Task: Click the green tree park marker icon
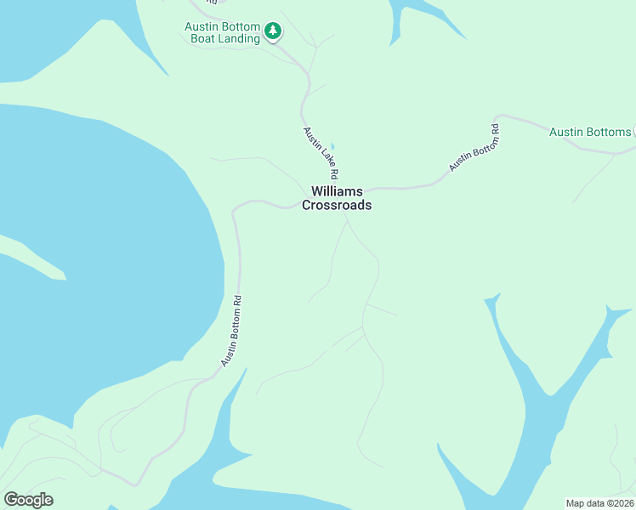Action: click(273, 32)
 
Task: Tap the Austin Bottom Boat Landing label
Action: click(222, 32)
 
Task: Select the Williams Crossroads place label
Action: click(337, 198)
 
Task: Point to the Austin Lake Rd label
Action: click(319, 152)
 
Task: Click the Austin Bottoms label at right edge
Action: click(590, 132)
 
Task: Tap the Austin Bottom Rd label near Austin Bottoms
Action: click(474, 150)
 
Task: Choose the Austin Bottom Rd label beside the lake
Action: click(232, 331)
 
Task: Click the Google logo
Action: click(28, 500)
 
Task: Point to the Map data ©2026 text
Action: click(599, 503)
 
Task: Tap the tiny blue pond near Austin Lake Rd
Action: click(332, 145)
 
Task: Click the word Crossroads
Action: click(337, 206)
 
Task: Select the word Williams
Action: click(337, 191)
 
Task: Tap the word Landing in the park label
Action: click(238, 39)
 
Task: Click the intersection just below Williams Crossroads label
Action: click(344, 216)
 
